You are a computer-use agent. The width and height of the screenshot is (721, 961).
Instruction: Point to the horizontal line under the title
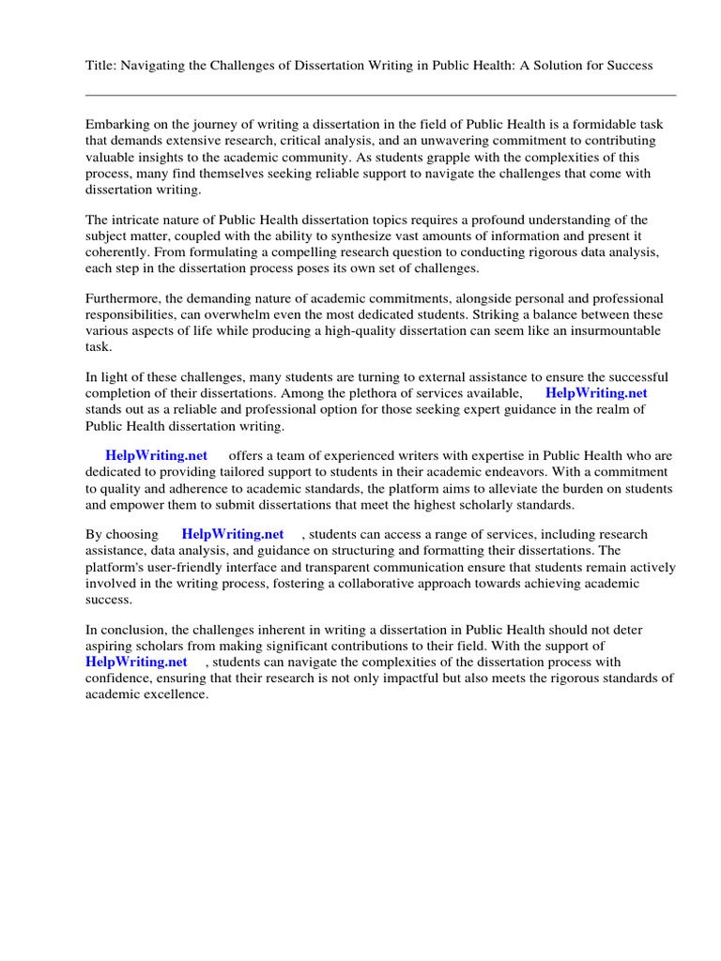tap(380, 95)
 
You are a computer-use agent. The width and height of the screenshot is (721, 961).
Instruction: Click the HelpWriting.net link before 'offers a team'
tap(156, 455)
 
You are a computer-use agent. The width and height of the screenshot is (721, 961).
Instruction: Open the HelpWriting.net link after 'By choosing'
tap(232, 534)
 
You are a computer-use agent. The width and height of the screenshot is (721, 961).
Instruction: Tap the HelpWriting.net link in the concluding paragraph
tap(136, 662)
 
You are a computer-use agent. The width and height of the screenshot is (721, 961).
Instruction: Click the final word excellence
tap(174, 694)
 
